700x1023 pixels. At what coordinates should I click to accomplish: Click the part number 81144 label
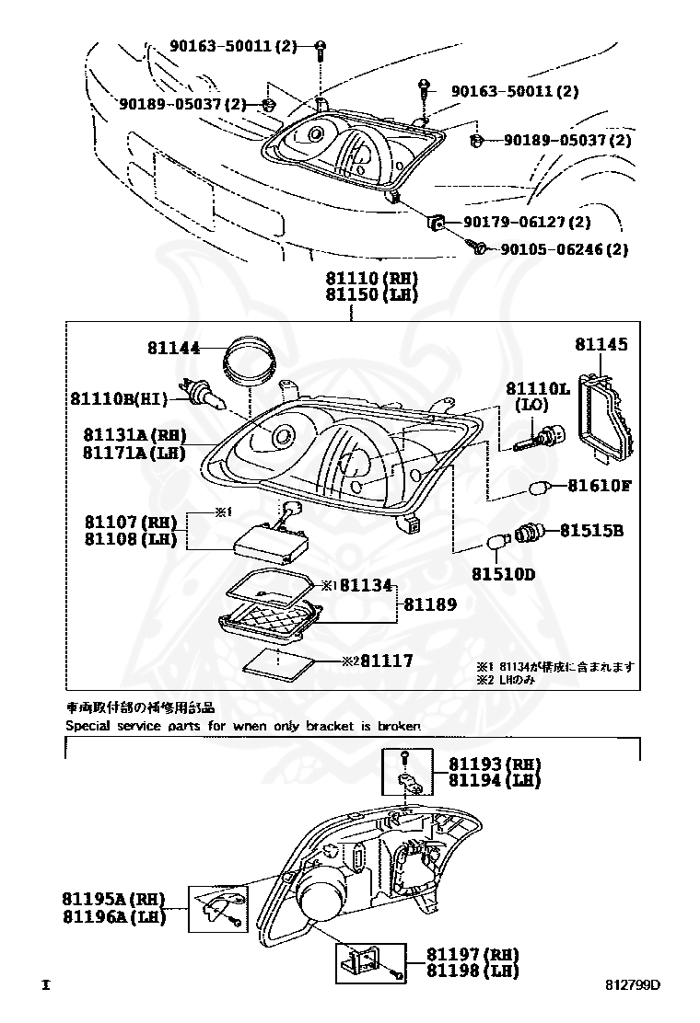click(173, 349)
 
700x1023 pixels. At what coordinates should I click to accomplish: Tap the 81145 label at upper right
click(601, 344)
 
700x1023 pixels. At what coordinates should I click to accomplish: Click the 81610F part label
click(599, 485)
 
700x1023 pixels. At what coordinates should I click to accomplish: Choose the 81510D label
click(504, 574)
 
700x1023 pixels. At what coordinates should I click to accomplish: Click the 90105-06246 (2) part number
click(564, 249)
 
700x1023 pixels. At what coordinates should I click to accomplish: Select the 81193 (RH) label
click(495, 764)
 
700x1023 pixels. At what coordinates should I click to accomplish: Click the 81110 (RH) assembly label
click(371, 278)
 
